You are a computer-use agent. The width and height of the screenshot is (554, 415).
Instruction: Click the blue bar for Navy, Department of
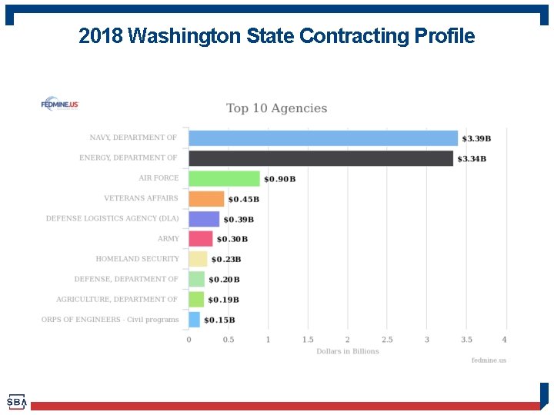[323, 138]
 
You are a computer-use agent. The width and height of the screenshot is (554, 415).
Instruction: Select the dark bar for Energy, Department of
[321, 158]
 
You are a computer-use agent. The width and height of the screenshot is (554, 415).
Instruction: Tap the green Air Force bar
[224, 178]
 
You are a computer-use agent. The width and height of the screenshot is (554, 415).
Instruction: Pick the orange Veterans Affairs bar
[206, 199]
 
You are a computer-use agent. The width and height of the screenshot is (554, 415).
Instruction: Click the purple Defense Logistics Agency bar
[204, 219]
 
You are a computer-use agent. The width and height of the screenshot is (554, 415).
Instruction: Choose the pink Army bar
[200, 239]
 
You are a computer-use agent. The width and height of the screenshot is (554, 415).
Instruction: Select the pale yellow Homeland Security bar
[198, 259]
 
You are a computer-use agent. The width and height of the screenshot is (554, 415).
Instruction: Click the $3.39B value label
[476, 138]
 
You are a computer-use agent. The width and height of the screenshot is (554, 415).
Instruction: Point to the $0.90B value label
[279, 179]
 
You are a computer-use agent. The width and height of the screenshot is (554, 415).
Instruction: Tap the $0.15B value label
[219, 320]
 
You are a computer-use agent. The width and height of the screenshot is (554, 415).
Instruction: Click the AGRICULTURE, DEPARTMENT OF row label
[117, 299]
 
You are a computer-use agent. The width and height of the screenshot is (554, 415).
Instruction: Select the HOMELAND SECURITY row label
[137, 259]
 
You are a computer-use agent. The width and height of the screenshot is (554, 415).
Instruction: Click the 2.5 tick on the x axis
[387, 339]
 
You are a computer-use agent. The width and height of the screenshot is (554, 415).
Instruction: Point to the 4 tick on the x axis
[505, 339]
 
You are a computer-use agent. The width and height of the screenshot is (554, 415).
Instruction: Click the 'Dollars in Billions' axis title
[348, 351]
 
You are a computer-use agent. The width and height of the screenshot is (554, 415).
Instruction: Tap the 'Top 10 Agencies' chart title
[277, 108]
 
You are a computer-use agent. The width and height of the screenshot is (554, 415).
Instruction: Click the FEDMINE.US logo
[60, 105]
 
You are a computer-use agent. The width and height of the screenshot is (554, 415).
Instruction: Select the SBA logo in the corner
[16, 402]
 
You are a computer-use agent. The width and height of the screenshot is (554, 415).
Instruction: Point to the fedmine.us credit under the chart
[489, 360]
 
